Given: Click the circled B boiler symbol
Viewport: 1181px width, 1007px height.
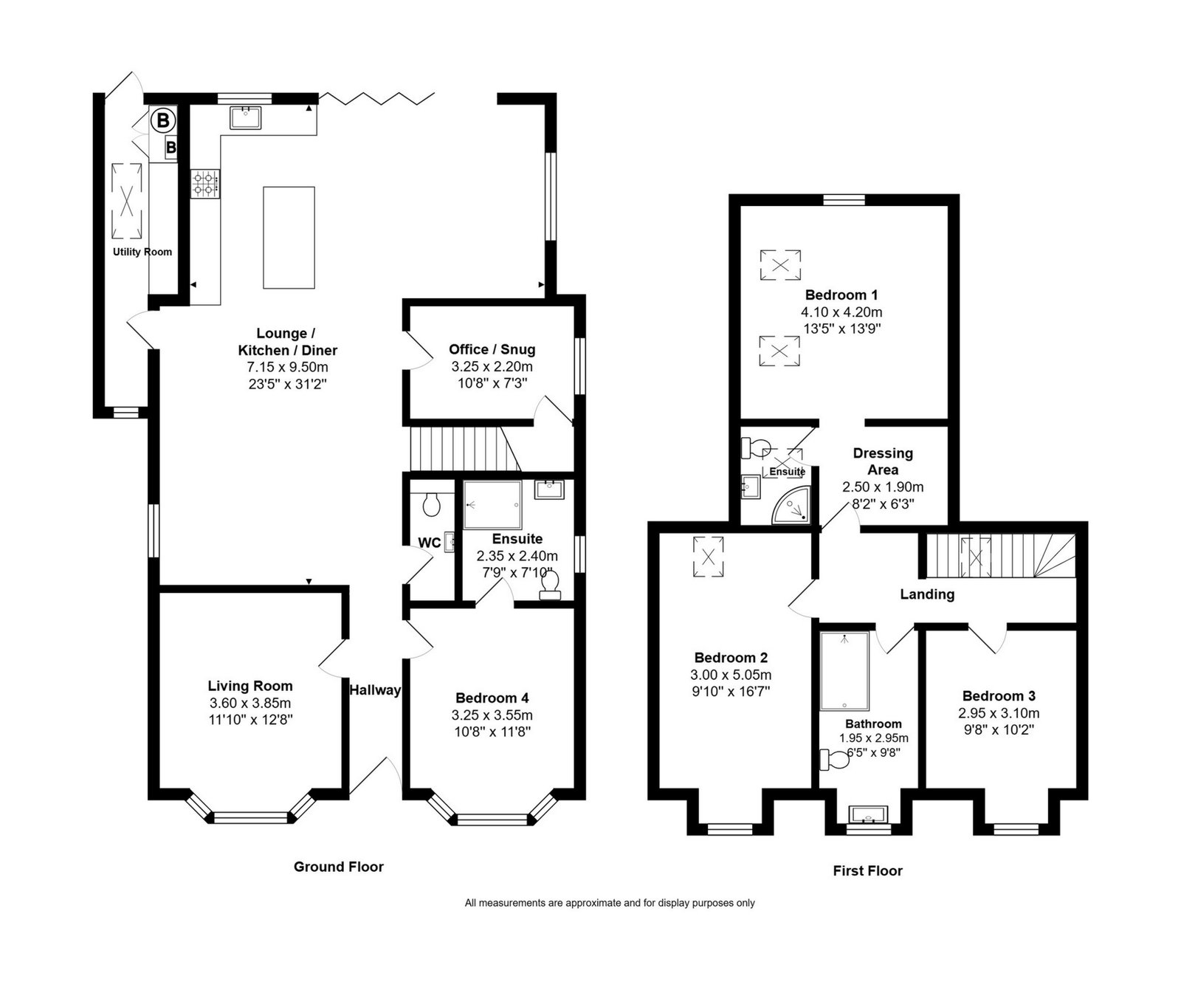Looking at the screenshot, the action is pyautogui.click(x=163, y=119).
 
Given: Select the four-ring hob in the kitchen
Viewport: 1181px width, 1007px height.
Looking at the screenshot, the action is pyautogui.click(x=205, y=184).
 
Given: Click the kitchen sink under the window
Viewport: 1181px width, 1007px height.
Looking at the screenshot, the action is pyautogui.click(x=245, y=117).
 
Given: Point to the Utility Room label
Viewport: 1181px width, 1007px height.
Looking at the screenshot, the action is pyautogui.click(x=142, y=252).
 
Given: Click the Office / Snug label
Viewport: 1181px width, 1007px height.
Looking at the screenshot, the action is pyautogui.click(x=492, y=349).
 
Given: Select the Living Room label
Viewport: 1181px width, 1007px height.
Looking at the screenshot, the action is pyautogui.click(x=250, y=686).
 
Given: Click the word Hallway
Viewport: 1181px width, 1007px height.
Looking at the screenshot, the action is pyautogui.click(x=375, y=690).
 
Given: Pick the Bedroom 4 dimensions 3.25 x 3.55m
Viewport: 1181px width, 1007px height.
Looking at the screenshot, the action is pyautogui.click(x=492, y=715).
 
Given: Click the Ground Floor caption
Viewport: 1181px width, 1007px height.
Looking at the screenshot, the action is pyautogui.click(x=339, y=867).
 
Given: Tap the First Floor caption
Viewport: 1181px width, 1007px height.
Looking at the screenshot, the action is pyautogui.click(x=868, y=871).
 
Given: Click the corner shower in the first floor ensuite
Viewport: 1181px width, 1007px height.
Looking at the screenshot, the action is pyautogui.click(x=791, y=506).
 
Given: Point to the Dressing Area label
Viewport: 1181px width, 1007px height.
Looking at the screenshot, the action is pyautogui.click(x=883, y=461).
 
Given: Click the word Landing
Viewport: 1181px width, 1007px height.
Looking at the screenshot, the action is pyautogui.click(x=927, y=594).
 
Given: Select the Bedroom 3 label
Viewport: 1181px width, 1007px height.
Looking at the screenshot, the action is pyautogui.click(x=999, y=696).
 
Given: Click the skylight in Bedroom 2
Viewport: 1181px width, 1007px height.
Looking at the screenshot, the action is pyautogui.click(x=709, y=557).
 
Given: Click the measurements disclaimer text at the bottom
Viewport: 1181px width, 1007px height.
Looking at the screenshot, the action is pyautogui.click(x=610, y=903).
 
